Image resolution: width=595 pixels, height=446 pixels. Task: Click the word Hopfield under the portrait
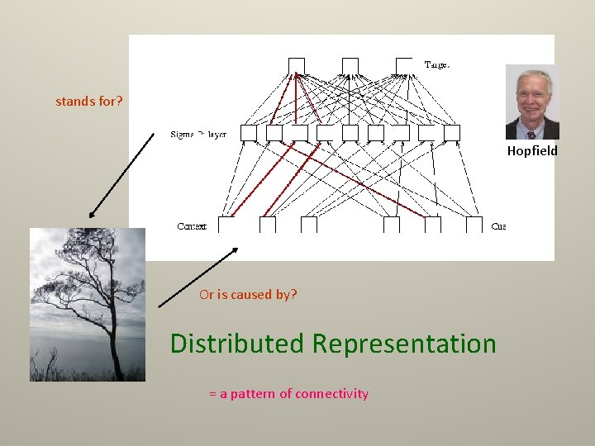[532, 151]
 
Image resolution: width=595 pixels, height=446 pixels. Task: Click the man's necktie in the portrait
[531, 131]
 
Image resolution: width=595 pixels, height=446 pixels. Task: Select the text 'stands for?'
[89, 102]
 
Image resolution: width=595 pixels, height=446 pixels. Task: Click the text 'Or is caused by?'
[248, 295]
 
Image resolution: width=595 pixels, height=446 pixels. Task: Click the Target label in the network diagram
[437, 64]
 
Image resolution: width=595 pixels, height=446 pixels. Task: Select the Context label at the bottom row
[192, 226]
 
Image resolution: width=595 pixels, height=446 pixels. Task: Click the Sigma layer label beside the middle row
[198, 134]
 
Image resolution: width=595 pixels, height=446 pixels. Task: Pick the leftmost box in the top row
[296, 65]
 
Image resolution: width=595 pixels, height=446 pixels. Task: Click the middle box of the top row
[350, 65]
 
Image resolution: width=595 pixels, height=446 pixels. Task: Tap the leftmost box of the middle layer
[249, 133]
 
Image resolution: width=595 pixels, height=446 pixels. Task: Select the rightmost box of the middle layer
[452, 133]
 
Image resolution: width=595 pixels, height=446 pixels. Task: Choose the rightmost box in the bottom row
[474, 225]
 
